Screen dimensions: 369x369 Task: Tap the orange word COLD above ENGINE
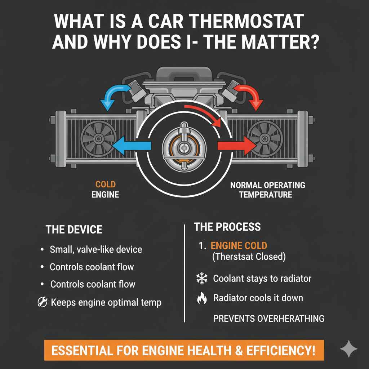(x=106, y=184)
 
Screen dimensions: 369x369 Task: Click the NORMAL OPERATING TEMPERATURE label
(x=267, y=190)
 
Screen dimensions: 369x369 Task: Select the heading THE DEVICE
(x=74, y=230)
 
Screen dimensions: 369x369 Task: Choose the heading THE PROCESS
(x=227, y=227)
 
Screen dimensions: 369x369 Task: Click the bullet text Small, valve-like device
(x=96, y=249)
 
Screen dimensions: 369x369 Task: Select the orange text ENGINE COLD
(x=239, y=246)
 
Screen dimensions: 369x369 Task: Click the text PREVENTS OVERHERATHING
(x=269, y=319)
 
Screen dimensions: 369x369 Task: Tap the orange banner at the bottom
(x=184, y=350)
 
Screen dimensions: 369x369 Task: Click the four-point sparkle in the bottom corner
(x=349, y=349)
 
